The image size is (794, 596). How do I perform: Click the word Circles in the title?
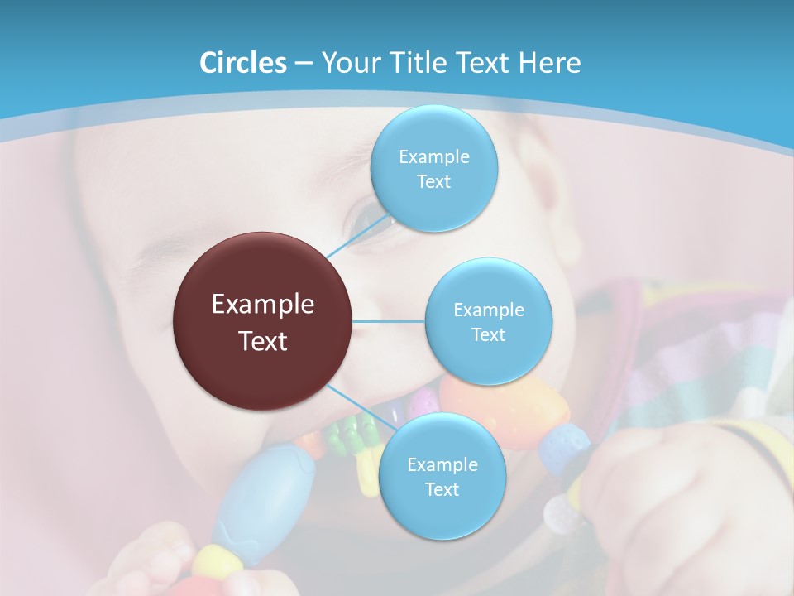point(242,63)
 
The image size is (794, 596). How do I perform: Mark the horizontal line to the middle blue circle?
point(389,321)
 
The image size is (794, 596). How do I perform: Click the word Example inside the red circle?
point(263,305)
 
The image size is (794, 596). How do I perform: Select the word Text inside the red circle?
point(263,341)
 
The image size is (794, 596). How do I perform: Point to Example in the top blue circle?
point(433,156)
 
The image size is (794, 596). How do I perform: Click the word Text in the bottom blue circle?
point(442,489)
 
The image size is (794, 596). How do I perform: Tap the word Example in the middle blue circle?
point(488,310)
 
